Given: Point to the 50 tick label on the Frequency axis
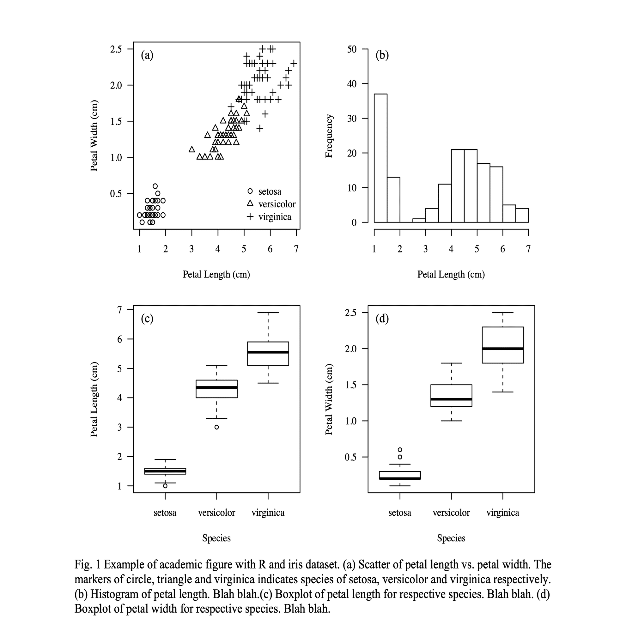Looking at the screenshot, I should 352,49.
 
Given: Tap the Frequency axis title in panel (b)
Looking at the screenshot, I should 329,136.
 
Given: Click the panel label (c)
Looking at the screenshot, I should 147,318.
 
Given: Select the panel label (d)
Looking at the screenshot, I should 382,318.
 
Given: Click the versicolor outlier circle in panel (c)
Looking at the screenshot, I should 216,427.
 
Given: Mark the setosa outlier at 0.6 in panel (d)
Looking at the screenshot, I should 400,450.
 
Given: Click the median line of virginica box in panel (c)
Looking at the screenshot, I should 268,352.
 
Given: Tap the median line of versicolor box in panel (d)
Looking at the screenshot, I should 451,399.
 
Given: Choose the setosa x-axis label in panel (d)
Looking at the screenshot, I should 400,513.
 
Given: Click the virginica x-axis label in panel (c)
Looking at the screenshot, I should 268,513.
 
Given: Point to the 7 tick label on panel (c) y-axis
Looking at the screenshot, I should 120,309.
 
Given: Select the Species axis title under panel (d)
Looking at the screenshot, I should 451,538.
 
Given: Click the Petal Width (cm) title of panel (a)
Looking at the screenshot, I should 94,136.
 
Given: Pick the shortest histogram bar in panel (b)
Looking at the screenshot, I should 419,221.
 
